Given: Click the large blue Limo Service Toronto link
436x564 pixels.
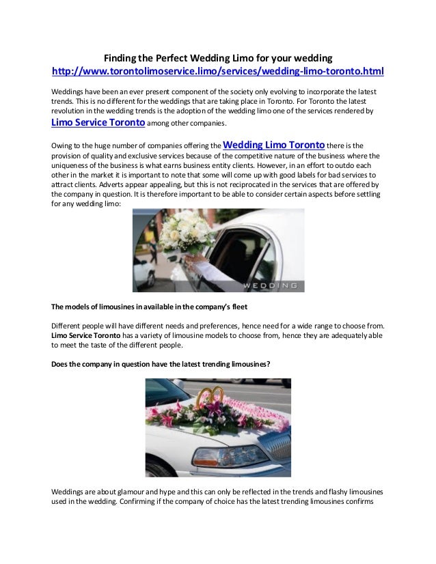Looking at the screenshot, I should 98,123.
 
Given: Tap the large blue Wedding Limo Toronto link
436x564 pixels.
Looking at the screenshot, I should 275,145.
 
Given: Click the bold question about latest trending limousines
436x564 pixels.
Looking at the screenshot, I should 161,364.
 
